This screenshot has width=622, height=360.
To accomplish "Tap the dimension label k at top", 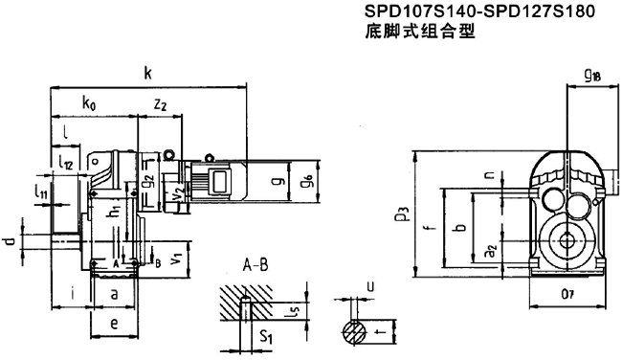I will point(146,72).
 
